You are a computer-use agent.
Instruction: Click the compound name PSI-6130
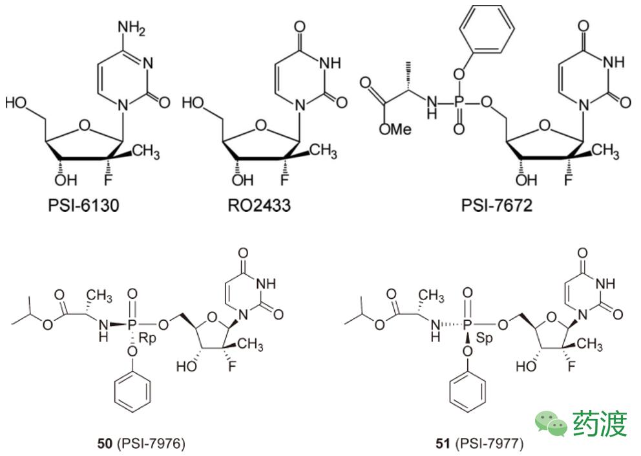click(x=83, y=204)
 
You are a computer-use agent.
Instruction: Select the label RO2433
click(x=259, y=204)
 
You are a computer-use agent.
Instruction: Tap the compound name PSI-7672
click(x=497, y=204)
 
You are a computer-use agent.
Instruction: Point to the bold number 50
click(x=105, y=443)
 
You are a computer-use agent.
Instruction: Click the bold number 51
click(x=443, y=443)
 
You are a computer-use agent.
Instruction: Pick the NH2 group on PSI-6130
click(x=132, y=28)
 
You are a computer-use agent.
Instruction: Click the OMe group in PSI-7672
click(x=395, y=129)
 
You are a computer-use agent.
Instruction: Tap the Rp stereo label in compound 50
click(x=147, y=338)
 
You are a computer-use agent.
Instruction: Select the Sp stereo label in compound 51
click(x=485, y=338)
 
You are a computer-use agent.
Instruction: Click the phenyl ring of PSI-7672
click(x=486, y=28)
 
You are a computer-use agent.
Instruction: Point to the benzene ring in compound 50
click(x=132, y=392)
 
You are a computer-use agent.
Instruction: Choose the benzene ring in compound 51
click(x=468, y=392)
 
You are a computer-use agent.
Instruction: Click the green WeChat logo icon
click(x=551, y=424)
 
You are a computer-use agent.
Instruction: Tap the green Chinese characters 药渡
click(x=600, y=424)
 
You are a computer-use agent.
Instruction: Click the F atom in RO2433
click(x=284, y=180)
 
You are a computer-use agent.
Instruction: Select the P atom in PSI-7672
click(x=459, y=102)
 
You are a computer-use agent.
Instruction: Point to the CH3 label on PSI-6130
click(x=145, y=151)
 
